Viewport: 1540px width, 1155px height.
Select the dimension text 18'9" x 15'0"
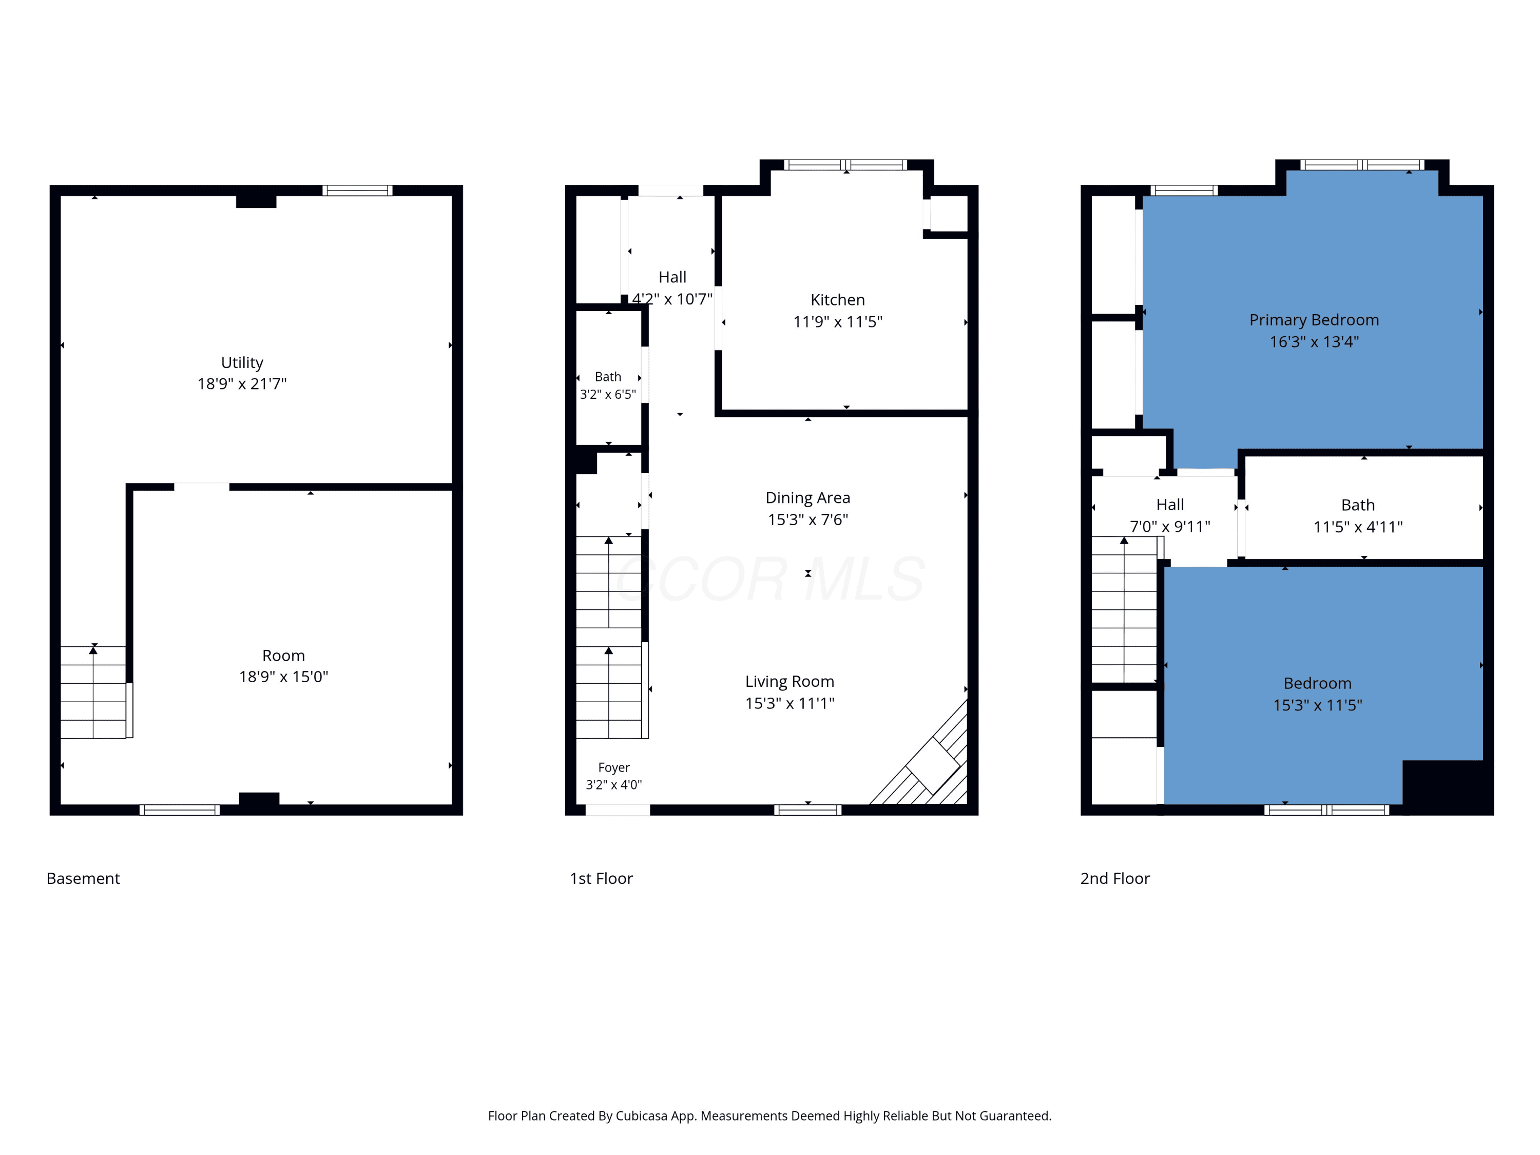tap(283, 677)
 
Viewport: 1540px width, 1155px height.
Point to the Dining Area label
tap(807, 498)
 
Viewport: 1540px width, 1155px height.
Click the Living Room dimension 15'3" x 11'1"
tap(790, 703)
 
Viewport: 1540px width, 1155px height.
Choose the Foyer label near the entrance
tap(613, 767)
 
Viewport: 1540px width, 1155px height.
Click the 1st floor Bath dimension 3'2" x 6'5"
tap(608, 394)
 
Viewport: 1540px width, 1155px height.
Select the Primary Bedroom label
tap(1314, 320)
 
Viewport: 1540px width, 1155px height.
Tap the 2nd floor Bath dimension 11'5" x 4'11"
tap(1358, 527)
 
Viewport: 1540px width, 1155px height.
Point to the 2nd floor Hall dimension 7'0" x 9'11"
tap(1169, 526)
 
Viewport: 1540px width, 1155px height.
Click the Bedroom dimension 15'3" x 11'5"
tap(1317, 705)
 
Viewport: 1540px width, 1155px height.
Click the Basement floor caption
tap(83, 879)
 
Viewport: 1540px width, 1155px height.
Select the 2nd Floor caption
tap(1114, 879)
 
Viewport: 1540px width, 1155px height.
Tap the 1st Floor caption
tap(601, 879)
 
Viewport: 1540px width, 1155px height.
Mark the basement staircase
tap(93, 692)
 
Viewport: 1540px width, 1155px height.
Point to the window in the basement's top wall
tap(357, 190)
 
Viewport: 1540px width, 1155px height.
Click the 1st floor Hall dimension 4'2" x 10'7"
tap(672, 299)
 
